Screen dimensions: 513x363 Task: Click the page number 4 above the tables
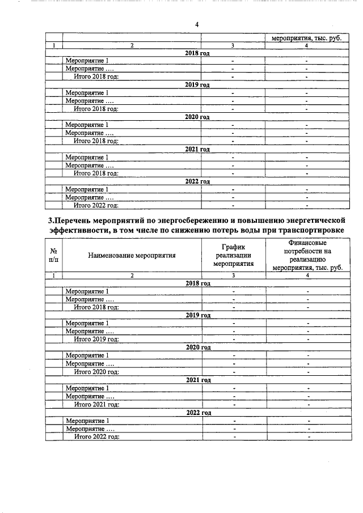[x=196, y=24]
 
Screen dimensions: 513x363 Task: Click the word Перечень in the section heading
[x=74, y=220]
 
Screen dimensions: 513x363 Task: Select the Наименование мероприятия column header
[x=132, y=255]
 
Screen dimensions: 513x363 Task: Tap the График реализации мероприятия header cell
[x=233, y=255]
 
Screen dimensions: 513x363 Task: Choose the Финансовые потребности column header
[x=307, y=255]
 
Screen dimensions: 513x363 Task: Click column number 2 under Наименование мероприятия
[x=132, y=275]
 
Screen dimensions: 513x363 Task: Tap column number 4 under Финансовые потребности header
[x=307, y=275]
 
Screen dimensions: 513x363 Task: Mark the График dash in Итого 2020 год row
[x=233, y=372]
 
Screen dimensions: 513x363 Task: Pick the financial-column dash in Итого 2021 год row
[x=307, y=405]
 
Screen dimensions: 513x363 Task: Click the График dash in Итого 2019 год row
[x=233, y=340]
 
